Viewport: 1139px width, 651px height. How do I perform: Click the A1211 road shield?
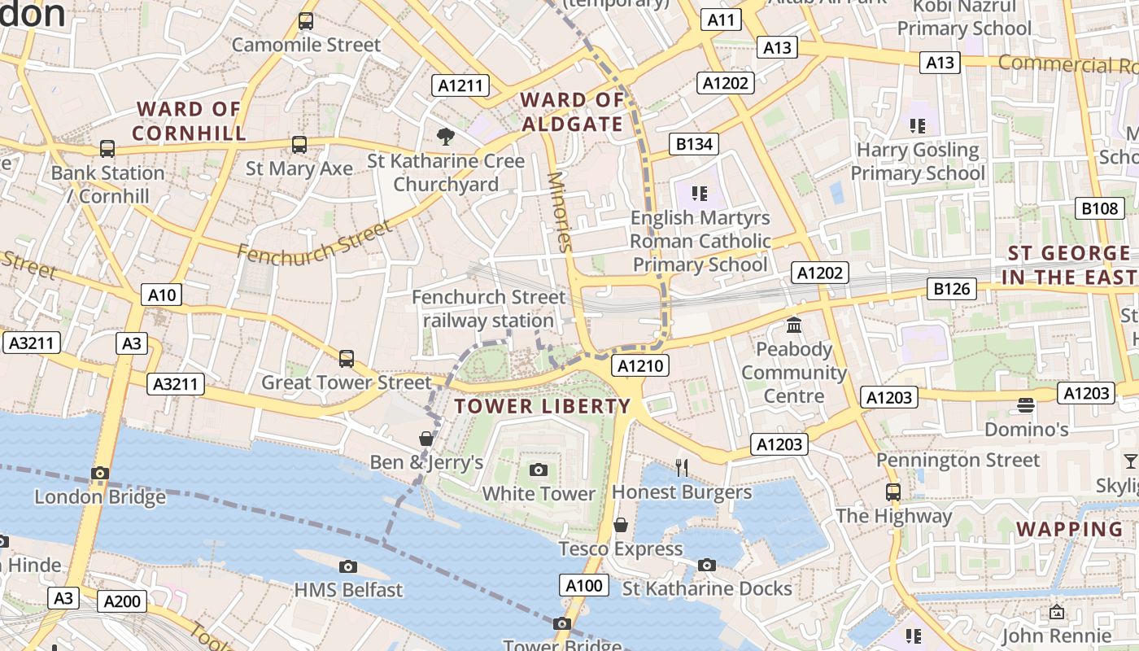click(461, 85)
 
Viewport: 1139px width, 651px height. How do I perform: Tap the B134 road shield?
click(694, 144)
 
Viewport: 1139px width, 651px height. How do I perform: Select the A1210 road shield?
click(641, 366)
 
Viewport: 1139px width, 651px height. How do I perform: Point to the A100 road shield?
click(584, 585)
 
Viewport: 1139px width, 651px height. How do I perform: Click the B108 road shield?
click(1099, 208)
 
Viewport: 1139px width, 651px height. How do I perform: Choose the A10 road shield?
click(162, 295)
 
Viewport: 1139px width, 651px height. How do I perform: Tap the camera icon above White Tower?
click(539, 470)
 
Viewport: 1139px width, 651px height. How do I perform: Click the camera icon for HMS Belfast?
click(348, 566)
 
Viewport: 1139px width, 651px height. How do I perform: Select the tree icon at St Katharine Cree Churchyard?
click(445, 136)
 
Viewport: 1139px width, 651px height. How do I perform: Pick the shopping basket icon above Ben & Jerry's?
click(425, 439)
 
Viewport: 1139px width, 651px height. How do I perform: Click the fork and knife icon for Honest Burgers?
click(682, 467)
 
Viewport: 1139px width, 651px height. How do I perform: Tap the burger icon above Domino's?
click(1026, 404)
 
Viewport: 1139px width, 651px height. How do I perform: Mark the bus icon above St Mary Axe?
click(299, 144)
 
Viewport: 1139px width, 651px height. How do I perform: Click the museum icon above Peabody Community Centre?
click(794, 325)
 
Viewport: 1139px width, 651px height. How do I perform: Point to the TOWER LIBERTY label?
click(543, 406)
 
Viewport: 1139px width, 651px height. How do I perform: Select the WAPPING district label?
click(1069, 529)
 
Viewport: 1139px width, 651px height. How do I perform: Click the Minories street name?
click(561, 212)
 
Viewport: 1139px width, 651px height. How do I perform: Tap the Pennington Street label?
click(958, 460)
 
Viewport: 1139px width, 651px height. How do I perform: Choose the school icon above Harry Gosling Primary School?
click(918, 125)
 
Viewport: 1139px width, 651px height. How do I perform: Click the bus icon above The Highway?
click(893, 492)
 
